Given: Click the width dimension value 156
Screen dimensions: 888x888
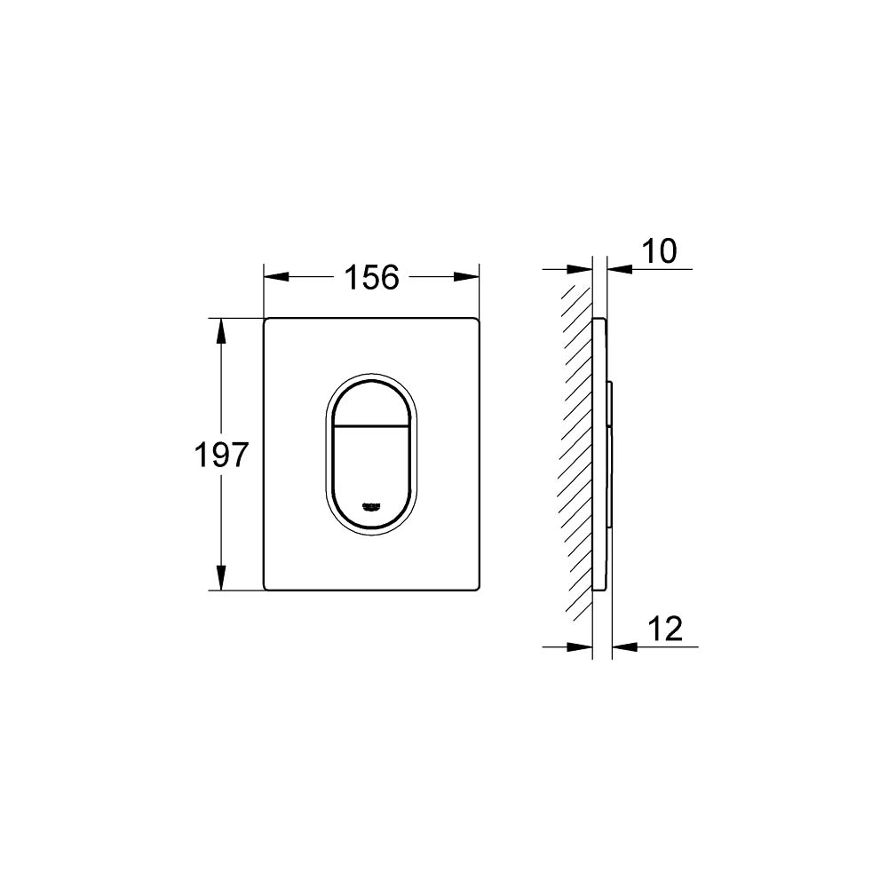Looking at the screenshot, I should coord(371,277).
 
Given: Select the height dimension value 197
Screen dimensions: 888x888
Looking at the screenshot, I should coord(221,455).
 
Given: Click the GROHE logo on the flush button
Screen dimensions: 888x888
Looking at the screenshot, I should coord(372,507).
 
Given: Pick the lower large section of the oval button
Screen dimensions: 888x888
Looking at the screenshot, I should coord(372,471).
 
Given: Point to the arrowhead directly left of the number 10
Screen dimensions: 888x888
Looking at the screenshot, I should coord(619,269).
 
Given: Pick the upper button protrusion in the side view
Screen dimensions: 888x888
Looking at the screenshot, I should coord(610,403).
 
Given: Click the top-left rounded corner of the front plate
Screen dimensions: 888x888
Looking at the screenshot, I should coord(267,321).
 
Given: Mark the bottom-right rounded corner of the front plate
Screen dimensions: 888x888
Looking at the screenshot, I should coord(476,587).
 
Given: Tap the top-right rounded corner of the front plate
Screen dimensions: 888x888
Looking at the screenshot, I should coord(476,321).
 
